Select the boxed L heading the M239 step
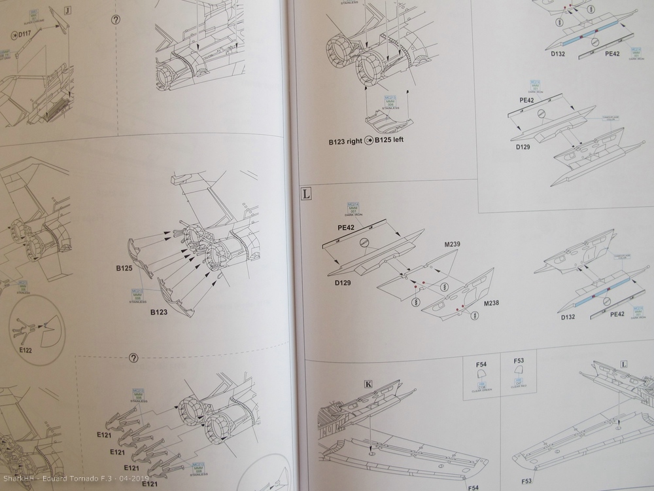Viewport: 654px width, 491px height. click(x=305, y=194)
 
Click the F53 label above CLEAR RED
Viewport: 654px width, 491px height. click(x=520, y=360)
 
